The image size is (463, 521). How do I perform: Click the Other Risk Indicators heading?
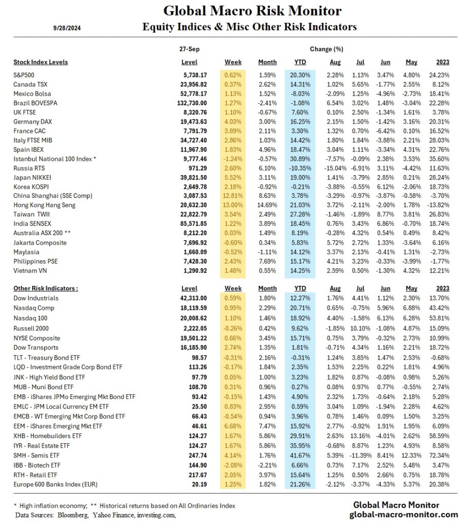pyautogui.click(x=45, y=288)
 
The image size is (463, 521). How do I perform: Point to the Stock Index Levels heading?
pyautogui.click(x=41, y=62)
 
